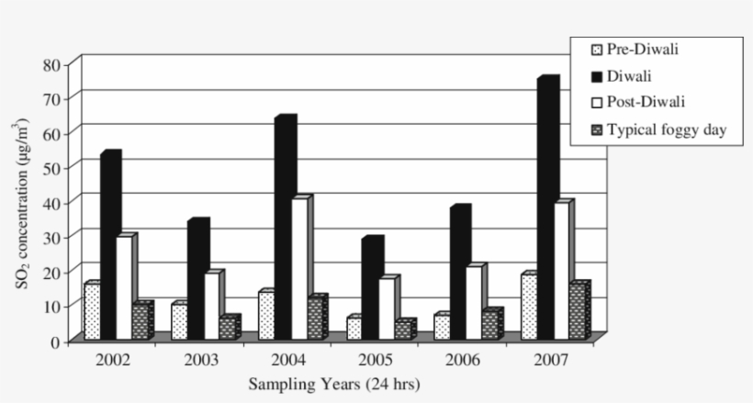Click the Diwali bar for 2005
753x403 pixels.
(372, 288)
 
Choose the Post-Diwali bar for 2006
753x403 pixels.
(474, 302)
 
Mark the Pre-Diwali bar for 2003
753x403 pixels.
(178, 321)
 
